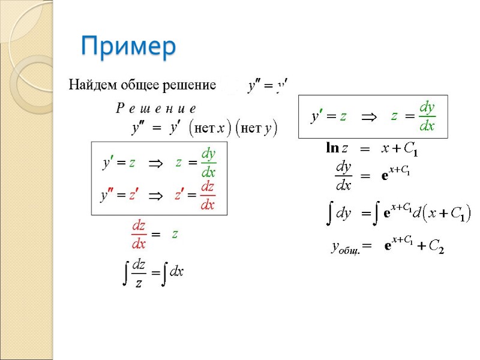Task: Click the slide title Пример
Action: click(x=128, y=46)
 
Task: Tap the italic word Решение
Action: click(x=155, y=109)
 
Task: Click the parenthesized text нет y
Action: click(x=255, y=128)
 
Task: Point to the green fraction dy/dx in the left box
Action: click(x=208, y=162)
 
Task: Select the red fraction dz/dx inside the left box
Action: click(x=208, y=196)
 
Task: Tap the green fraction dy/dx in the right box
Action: click(x=427, y=116)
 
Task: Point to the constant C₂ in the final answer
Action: click(x=436, y=246)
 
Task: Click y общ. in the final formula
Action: click(x=350, y=246)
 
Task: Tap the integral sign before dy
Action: click(x=329, y=213)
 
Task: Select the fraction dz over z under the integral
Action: click(x=139, y=273)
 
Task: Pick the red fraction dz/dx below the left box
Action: click(x=139, y=235)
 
